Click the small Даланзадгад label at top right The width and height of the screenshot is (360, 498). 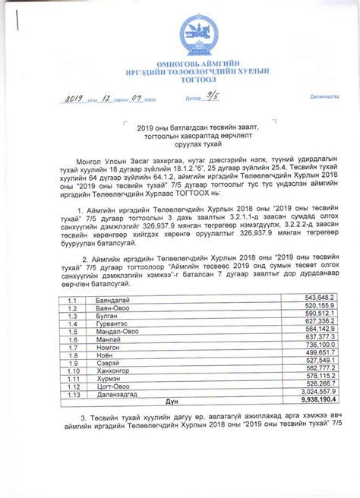324,97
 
